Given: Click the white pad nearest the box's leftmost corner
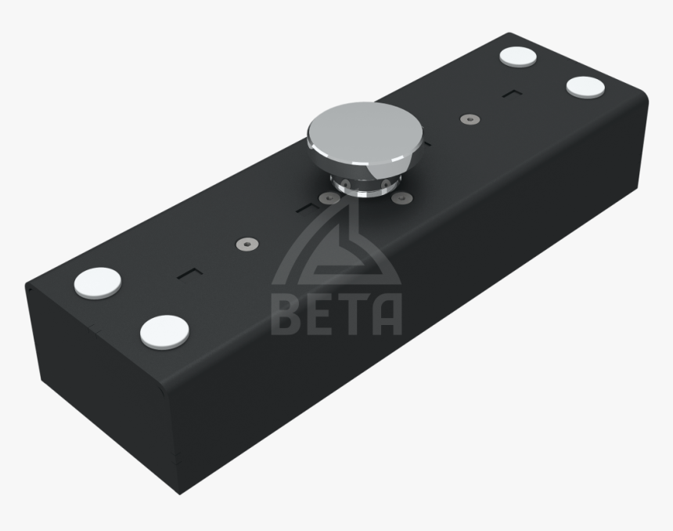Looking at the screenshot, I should (98, 282).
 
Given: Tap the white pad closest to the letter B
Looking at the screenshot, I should (166, 331).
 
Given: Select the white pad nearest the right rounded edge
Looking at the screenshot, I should (584, 86).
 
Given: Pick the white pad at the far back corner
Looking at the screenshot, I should (516, 56).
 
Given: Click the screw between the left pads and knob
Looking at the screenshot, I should (245, 246).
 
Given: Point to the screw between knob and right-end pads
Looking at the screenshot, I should (468, 119).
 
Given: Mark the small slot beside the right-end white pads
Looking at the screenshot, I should (513, 94).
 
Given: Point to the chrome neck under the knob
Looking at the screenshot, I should (362, 186).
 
